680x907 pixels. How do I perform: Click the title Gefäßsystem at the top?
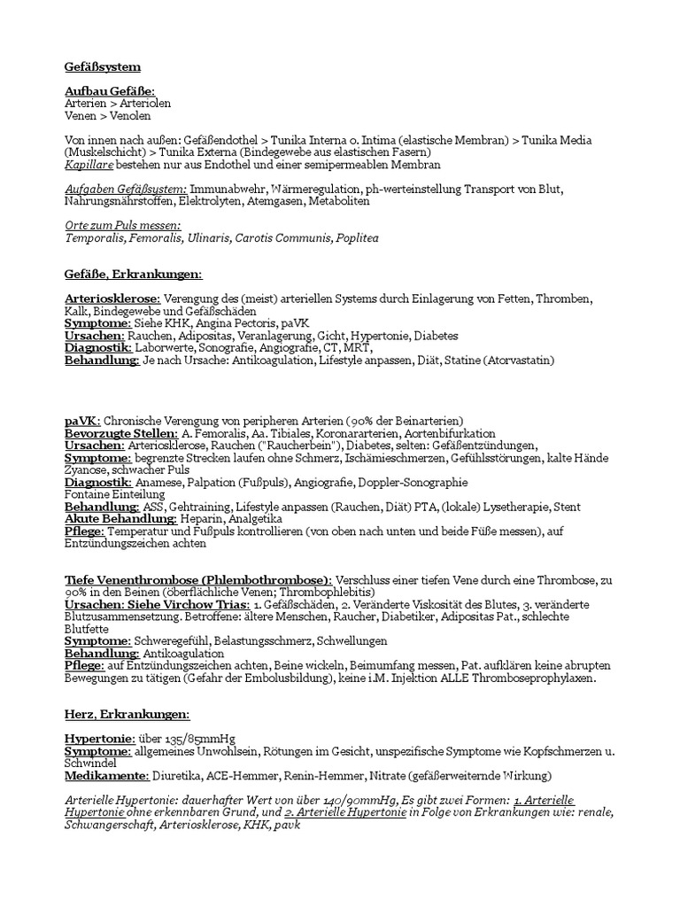103,66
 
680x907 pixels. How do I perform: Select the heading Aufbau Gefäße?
110,91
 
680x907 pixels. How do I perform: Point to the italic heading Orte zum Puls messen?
123,226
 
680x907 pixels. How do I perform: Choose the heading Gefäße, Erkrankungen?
134,275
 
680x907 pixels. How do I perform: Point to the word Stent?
568,506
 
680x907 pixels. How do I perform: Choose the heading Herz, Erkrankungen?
127,714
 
